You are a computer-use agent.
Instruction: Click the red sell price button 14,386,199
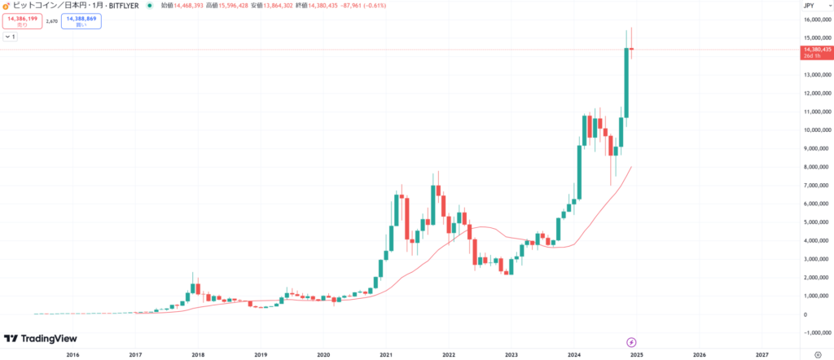coord(22,21)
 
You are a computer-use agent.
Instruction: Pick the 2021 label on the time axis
coord(386,355)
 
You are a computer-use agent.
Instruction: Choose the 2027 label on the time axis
coord(762,355)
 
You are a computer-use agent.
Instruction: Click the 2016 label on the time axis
coord(72,355)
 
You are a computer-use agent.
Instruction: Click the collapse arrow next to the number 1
coord(7,37)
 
